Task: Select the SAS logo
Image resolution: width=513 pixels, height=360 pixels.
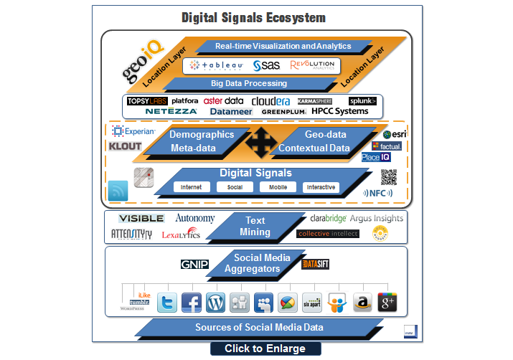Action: pyautogui.click(x=266, y=65)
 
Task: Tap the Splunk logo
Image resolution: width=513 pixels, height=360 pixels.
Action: pyautogui.click(x=362, y=101)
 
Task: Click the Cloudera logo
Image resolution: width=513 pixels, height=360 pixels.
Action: pyautogui.click(x=270, y=101)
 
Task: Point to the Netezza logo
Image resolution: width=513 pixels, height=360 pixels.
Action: pyautogui.click(x=172, y=112)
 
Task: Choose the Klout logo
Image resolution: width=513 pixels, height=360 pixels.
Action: pyautogui.click(x=125, y=146)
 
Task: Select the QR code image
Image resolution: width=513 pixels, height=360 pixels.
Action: pyautogui.click(x=388, y=176)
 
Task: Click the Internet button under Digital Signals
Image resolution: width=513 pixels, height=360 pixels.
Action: pyautogui.click(x=191, y=187)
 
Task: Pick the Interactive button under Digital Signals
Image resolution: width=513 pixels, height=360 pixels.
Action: pyautogui.click(x=321, y=187)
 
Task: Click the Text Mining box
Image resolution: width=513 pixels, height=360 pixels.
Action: pyautogui.click(x=255, y=226)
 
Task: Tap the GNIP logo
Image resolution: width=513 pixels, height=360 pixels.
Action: pyautogui.click(x=194, y=265)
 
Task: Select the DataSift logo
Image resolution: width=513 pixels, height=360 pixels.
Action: pyautogui.click(x=316, y=265)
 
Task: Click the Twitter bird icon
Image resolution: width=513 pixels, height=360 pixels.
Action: pyautogui.click(x=167, y=302)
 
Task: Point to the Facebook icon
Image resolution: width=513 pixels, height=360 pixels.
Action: pyautogui.click(x=191, y=302)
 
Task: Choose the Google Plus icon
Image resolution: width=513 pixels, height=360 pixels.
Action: pyautogui.click(x=387, y=302)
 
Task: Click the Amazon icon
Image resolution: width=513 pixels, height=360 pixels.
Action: pyautogui.click(x=362, y=302)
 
